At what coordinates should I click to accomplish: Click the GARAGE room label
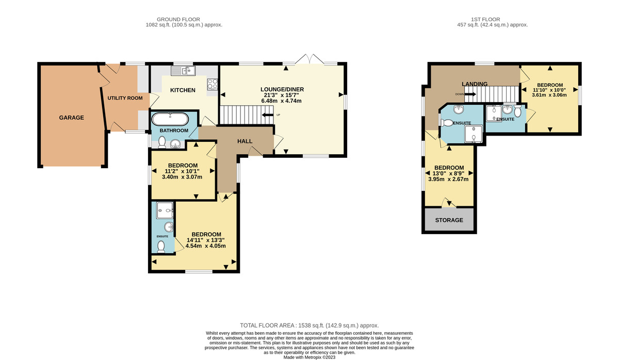coord(71,118)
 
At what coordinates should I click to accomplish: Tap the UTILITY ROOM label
coord(125,97)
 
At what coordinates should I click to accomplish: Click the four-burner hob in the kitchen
coord(212,84)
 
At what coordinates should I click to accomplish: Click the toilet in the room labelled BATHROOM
coord(162,142)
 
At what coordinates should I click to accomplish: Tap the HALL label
coord(245,141)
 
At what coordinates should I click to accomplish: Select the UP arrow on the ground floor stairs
coord(269,114)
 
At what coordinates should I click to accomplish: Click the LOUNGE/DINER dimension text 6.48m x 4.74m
coord(282,101)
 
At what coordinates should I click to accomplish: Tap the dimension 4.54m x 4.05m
coord(206,246)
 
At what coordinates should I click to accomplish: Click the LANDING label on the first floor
coord(475,84)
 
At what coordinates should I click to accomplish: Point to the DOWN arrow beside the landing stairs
coord(468,94)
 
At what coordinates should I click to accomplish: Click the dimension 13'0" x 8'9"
coord(449,174)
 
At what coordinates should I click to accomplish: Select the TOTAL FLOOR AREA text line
coord(309,325)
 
